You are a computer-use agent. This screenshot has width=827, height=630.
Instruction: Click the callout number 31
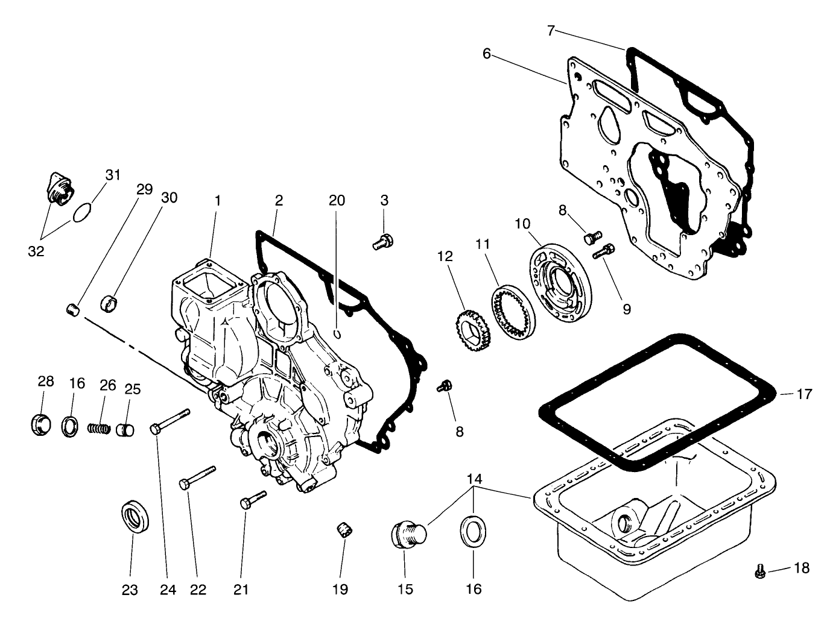coord(113,175)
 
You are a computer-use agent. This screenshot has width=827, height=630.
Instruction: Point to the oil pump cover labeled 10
coord(560,275)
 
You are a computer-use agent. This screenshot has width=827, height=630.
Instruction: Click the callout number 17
coord(804,395)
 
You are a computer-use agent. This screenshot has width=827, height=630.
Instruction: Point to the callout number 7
coord(551,30)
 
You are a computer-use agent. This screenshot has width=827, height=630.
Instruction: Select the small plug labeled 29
coord(72,310)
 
